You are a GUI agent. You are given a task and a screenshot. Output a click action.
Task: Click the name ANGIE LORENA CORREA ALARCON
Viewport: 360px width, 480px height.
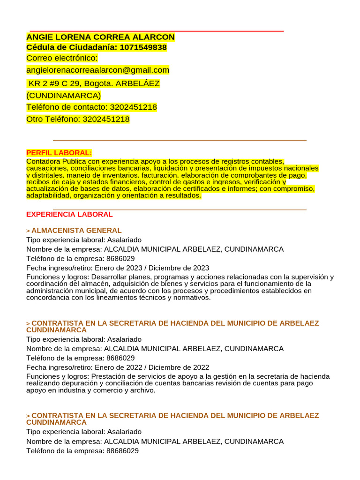(x=100, y=37)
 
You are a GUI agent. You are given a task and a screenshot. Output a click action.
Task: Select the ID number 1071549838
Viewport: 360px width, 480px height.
(x=143, y=47)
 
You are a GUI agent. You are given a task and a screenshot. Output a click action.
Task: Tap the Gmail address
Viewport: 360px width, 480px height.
(x=97, y=70)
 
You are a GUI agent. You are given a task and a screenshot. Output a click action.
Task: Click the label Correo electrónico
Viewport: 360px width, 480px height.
(x=62, y=58)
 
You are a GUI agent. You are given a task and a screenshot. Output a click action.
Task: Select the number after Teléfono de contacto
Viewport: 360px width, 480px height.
(x=133, y=107)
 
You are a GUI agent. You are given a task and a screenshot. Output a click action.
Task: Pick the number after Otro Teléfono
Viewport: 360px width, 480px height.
(x=106, y=119)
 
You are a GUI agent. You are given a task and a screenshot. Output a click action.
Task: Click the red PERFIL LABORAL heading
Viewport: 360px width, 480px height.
(x=59, y=153)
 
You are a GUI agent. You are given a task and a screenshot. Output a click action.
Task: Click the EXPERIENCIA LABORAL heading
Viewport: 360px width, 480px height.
(x=69, y=214)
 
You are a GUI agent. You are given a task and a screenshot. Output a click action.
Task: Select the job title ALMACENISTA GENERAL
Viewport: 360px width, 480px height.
(x=76, y=230)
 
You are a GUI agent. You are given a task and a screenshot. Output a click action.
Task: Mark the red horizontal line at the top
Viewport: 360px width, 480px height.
(x=157, y=31)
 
